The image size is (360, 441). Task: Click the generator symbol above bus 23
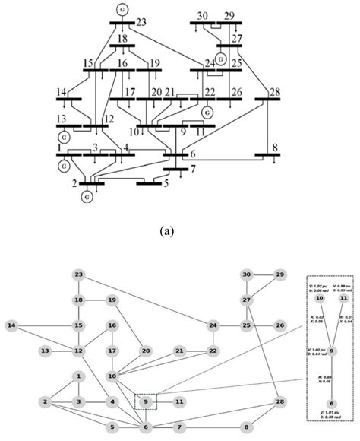click(x=123, y=8)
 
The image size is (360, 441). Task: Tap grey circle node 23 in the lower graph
click(x=78, y=274)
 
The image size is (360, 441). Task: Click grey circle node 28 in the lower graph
click(x=280, y=401)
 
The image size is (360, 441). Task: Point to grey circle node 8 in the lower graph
click(x=246, y=427)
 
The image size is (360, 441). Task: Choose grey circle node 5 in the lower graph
click(x=112, y=427)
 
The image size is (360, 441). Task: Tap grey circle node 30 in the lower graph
click(x=246, y=274)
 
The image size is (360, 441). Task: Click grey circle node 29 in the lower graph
click(x=280, y=274)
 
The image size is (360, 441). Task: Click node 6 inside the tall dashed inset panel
click(x=332, y=404)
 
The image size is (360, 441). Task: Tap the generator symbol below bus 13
click(x=65, y=138)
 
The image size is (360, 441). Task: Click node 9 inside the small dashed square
click(x=147, y=401)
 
